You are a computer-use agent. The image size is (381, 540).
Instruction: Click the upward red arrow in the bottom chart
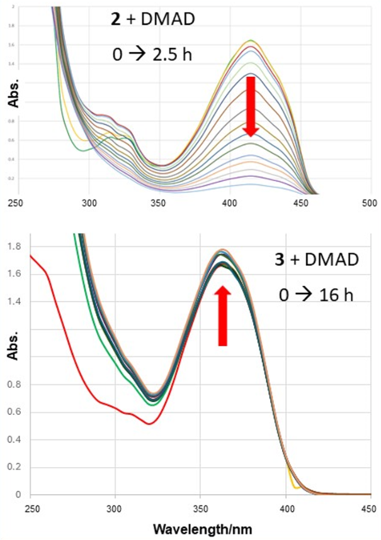tap(222, 315)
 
